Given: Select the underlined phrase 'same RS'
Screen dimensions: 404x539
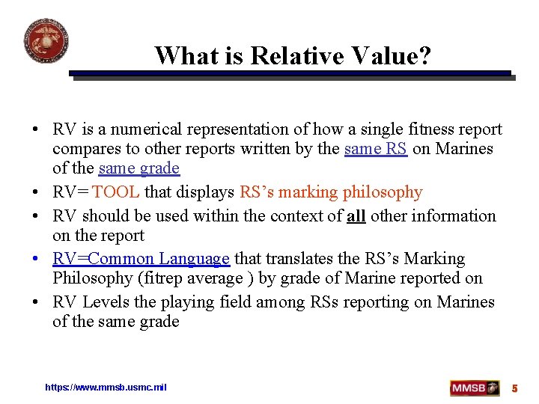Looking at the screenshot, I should [376, 148].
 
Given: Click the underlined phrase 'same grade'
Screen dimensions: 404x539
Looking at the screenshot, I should [139, 168].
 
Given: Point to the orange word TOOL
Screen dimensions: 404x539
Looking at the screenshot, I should [116, 192].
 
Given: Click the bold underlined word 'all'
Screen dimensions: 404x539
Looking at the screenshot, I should [356, 215].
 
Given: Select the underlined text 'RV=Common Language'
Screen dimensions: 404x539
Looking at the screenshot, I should [141, 259].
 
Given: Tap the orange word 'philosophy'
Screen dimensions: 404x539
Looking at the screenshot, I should [383, 192].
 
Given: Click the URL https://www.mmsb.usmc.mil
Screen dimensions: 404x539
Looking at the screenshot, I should [106, 387].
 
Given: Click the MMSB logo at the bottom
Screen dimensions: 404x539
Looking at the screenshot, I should [475, 388].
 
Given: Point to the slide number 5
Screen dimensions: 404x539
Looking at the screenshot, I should [514, 388].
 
